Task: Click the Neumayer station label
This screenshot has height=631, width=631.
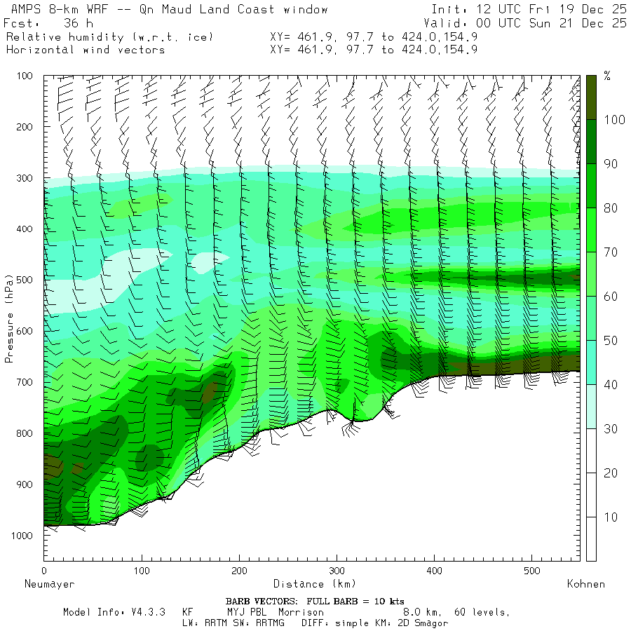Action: point(49,584)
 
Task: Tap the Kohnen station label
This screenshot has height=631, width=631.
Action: point(585,584)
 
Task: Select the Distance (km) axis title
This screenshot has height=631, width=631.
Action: point(314,584)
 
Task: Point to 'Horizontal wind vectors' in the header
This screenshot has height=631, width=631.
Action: point(86,50)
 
